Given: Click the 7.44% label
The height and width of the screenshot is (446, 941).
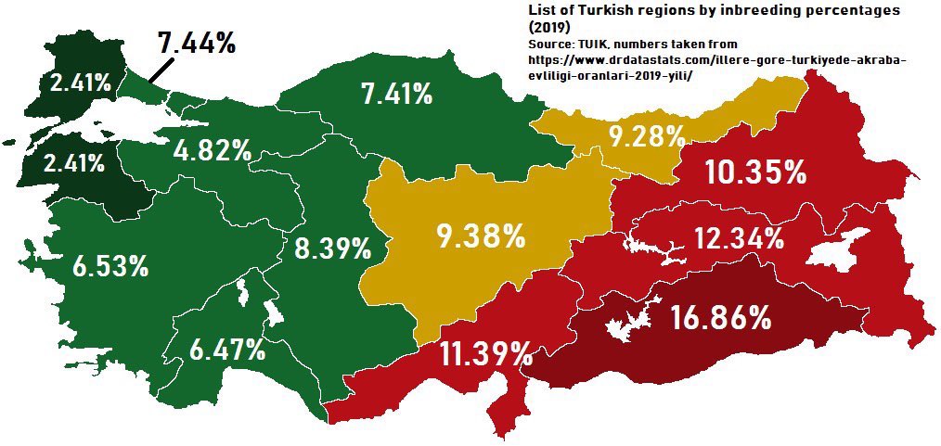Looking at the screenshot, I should pyautogui.click(x=196, y=43).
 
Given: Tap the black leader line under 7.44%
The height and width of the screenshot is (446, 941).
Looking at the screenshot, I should pyautogui.click(x=161, y=70).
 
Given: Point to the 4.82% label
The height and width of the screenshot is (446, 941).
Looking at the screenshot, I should pyautogui.click(x=213, y=149).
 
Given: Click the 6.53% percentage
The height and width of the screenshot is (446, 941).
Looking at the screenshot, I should pyautogui.click(x=110, y=267).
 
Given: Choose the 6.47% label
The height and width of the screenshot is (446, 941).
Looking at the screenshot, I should pyautogui.click(x=227, y=350).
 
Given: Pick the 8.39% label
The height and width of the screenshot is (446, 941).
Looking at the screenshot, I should pyautogui.click(x=333, y=248).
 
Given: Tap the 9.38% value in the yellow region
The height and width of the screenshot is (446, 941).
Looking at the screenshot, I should pyautogui.click(x=481, y=236).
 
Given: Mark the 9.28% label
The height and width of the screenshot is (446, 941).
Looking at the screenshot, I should pyautogui.click(x=647, y=136).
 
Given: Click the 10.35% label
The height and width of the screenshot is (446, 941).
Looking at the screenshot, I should pyautogui.click(x=754, y=172).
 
